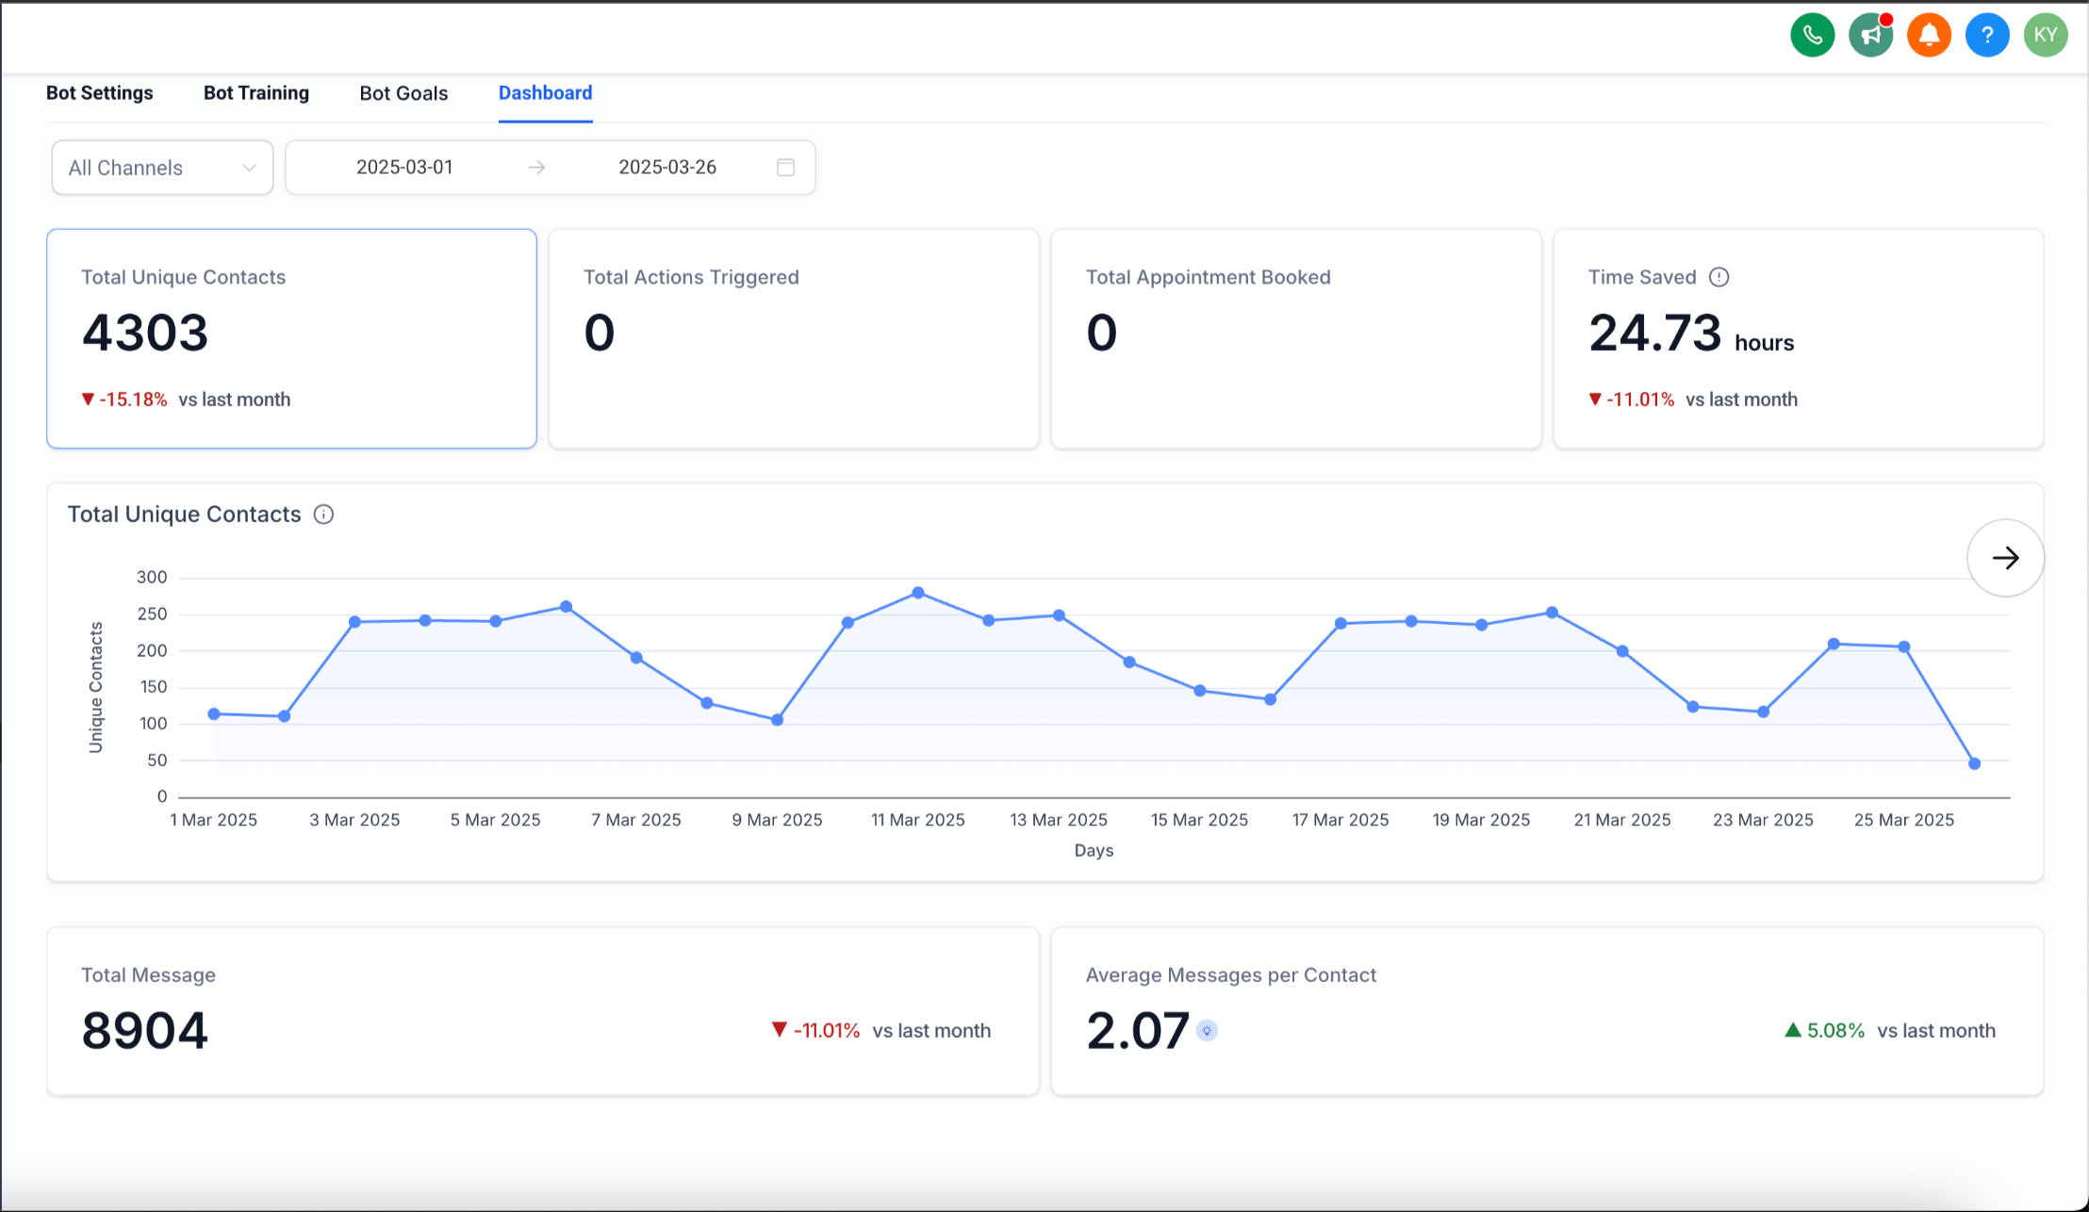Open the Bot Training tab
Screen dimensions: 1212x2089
point(256,93)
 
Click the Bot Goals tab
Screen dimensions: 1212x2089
point(403,93)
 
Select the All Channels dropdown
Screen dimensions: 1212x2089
point(162,168)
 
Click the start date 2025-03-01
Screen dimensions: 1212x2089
point(404,167)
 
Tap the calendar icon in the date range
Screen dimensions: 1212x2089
point(785,167)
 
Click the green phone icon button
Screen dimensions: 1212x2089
point(1812,36)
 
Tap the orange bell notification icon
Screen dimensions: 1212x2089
point(1929,36)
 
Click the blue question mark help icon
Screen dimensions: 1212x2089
point(1987,36)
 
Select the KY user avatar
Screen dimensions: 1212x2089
point(2045,36)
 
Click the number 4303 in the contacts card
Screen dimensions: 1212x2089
point(145,333)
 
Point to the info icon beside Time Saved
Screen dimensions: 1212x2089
point(1719,277)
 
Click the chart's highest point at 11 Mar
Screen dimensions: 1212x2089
point(918,593)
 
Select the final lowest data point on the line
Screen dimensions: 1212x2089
point(1974,763)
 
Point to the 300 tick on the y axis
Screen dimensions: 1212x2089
point(152,577)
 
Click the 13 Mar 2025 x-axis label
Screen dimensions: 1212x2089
point(1058,820)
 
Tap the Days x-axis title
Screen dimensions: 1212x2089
point(1094,850)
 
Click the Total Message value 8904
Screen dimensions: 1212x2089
point(145,1030)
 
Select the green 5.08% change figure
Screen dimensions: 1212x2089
point(1834,1031)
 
